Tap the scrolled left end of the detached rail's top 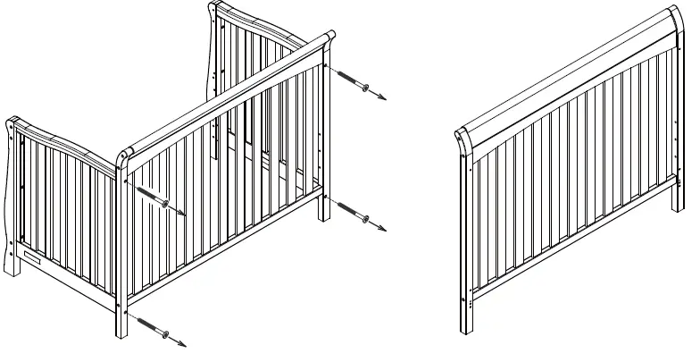[462, 138]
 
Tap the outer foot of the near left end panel [17, 266]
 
